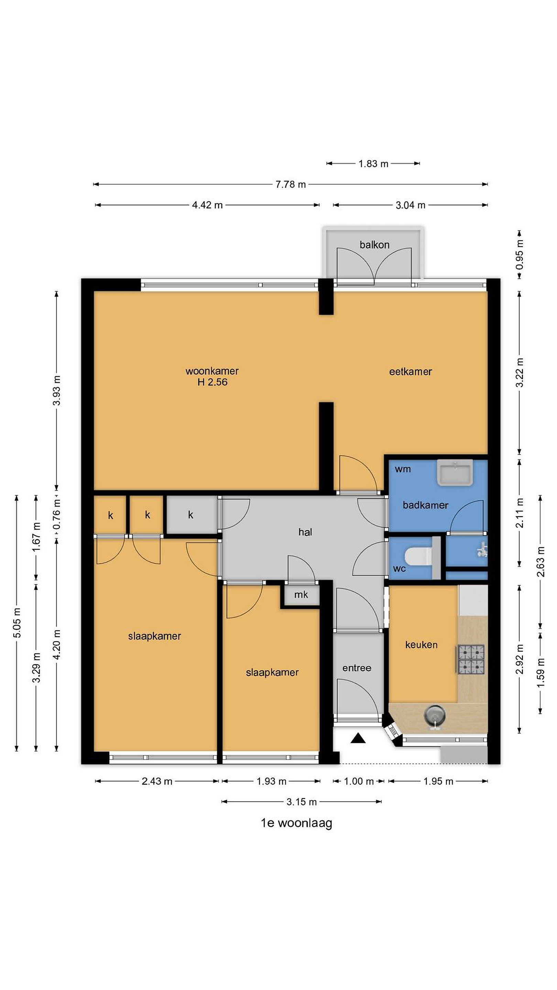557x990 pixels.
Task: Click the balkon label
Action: [x=374, y=245]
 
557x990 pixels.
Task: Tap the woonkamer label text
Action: [x=212, y=371]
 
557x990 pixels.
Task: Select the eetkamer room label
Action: [x=410, y=372]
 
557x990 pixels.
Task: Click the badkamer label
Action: [x=425, y=505]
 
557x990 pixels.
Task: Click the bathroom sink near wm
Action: [x=455, y=472]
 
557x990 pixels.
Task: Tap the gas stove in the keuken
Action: [x=471, y=660]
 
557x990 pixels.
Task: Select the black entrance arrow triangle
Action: [x=358, y=738]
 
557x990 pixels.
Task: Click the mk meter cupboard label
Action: [x=301, y=595]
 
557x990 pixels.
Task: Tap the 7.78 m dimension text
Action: [x=291, y=185]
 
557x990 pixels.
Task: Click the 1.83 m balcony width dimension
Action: [x=373, y=164]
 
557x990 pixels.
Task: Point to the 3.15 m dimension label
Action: [x=302, y=802]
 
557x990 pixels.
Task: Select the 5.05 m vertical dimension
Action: [x=17, y=623]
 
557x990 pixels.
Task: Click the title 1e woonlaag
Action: [x=296, y=823]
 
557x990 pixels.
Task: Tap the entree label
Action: [x=357, y=668]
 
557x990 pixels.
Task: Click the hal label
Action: [x=305, y=532]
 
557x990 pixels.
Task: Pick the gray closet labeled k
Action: [x=191, y=515]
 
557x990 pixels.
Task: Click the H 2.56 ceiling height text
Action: [x=212, y=382]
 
